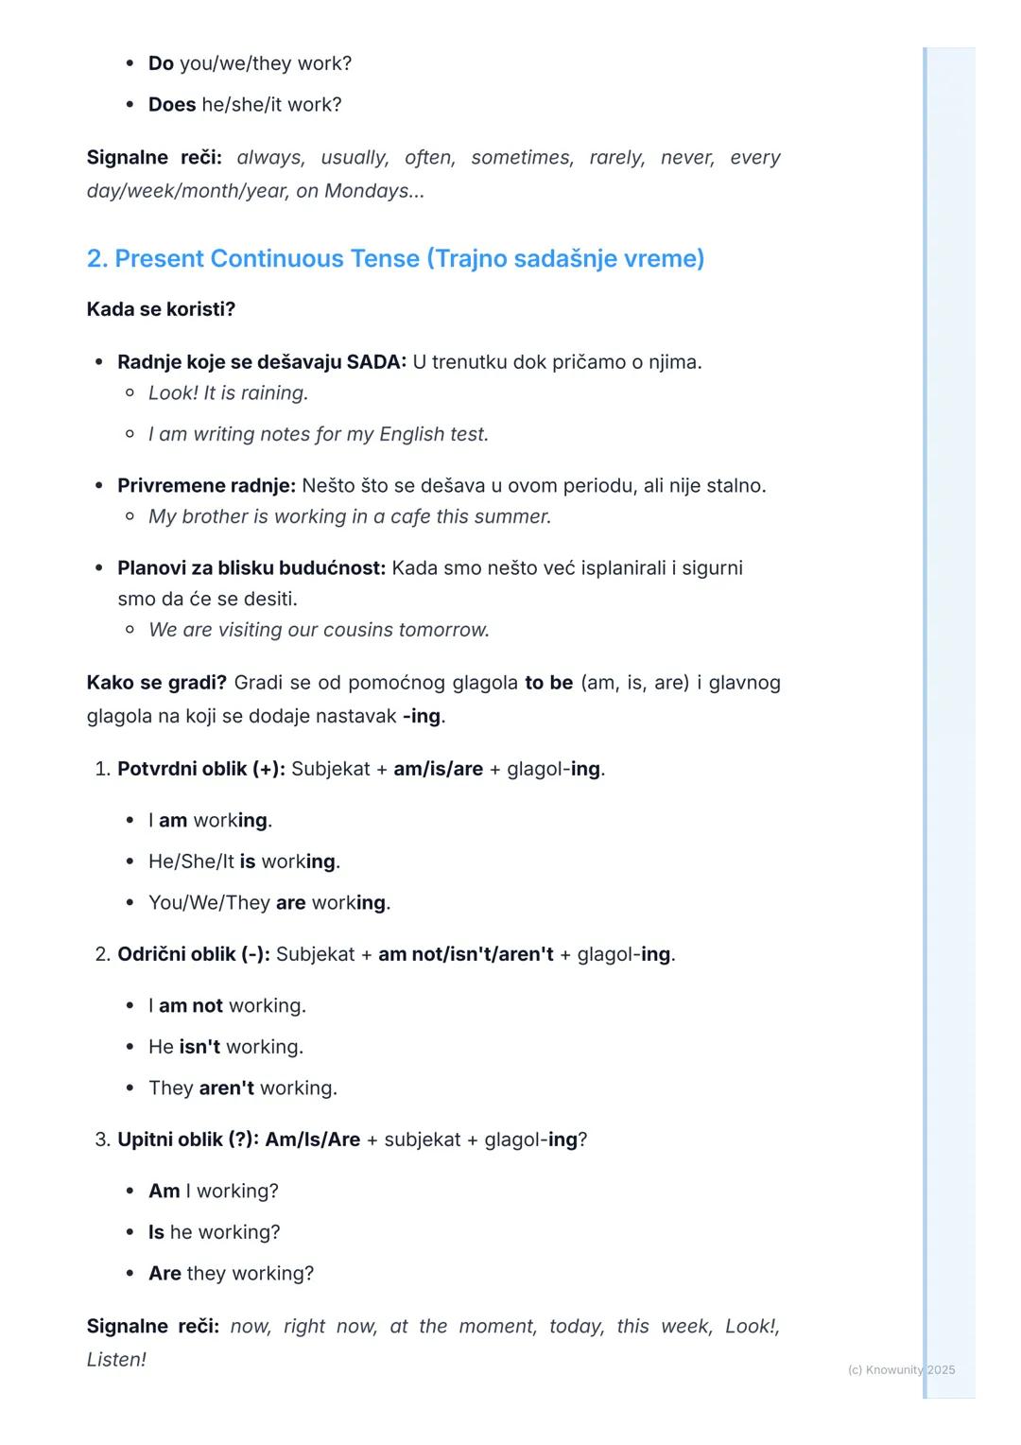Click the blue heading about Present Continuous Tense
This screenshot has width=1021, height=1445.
pos(395,258)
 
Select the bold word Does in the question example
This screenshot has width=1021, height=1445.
pos(171,104)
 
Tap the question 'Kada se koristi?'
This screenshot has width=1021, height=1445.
pos(161,309)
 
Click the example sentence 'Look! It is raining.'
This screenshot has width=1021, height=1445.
pos(228,392)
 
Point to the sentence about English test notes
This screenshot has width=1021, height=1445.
pos(318,434)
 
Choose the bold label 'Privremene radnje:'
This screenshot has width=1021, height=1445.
pos(206,485)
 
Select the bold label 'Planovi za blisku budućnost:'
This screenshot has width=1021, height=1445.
pos(251,567)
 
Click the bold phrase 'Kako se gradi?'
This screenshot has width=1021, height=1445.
pos(156,682)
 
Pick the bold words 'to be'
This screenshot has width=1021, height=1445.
pos(548,682)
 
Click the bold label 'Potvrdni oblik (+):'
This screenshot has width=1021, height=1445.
pos(200,769)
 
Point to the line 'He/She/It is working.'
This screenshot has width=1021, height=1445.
pos(244,862)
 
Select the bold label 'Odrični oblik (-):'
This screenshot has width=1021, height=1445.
pos(194,954)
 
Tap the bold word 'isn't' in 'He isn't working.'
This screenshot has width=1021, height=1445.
pos(199,1047)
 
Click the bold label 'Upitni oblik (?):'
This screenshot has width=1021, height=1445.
pos(188,1140)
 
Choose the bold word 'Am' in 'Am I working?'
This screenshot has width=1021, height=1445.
pos(164,1191)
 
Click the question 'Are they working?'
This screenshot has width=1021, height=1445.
pos(231,1273)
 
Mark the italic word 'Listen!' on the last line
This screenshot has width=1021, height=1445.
pos(116,1359)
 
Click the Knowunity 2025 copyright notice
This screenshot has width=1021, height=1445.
pos(901,1369)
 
